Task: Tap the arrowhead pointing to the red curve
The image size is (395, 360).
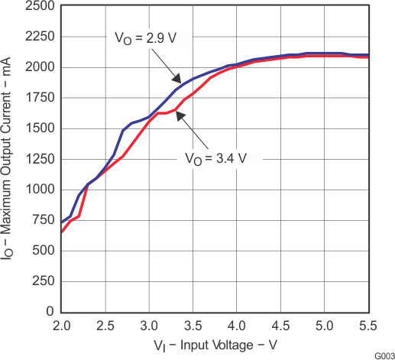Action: click(x=177, y=115)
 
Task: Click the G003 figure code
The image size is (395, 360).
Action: click(x=380, y=355)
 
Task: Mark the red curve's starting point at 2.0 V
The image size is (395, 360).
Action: click(x=62, y=232)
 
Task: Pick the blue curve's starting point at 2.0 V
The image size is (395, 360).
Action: click(x=62, y=222)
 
